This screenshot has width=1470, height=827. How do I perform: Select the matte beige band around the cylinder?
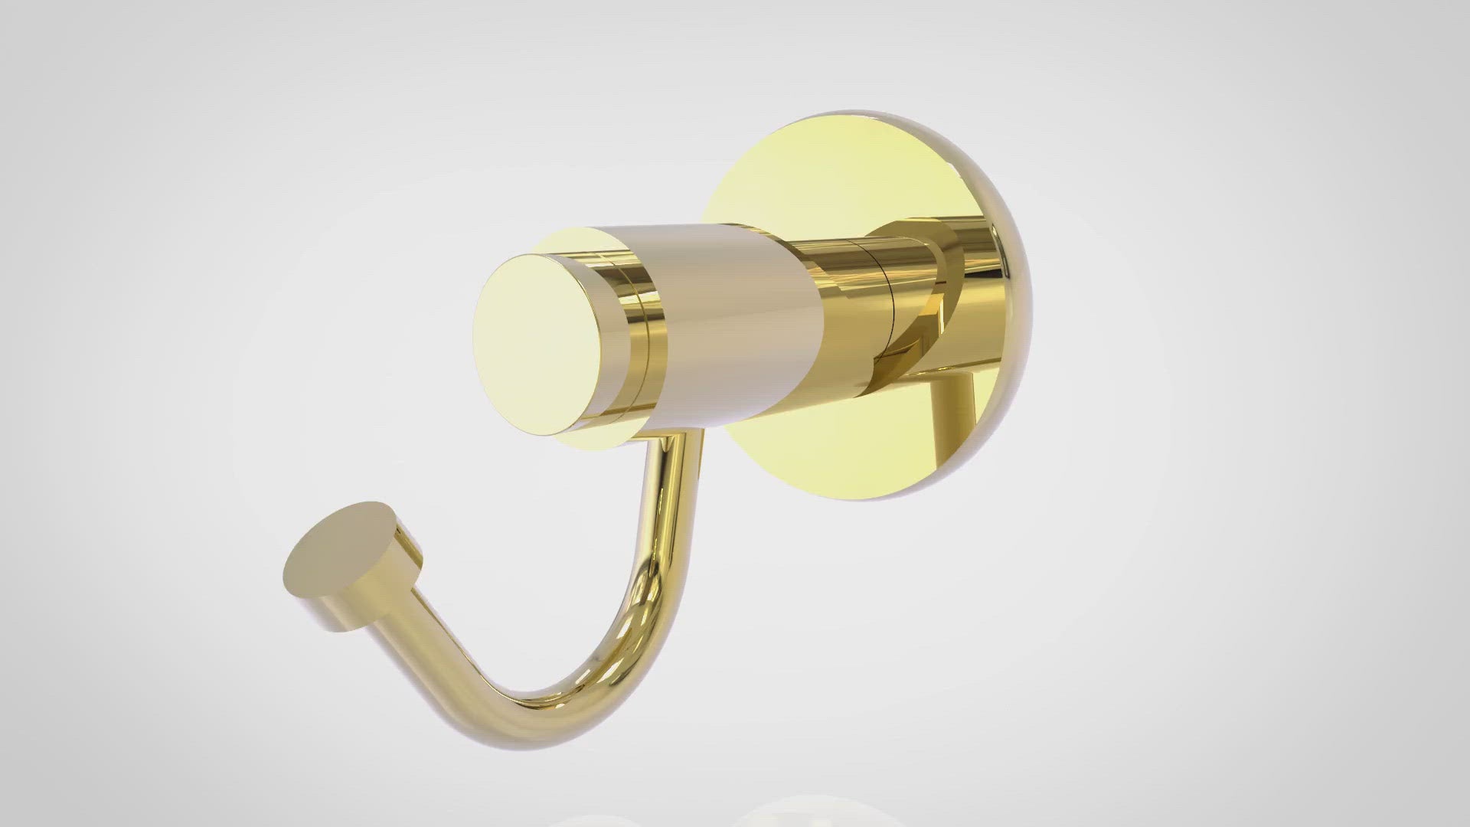735,322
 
